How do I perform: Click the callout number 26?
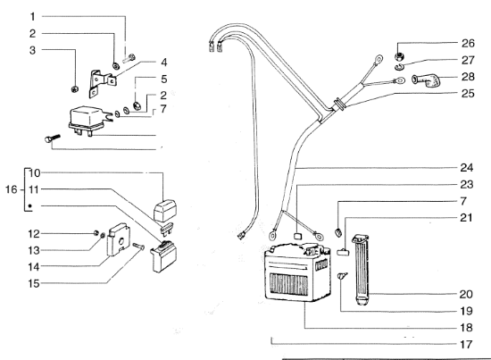[468, 43]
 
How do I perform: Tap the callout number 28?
[468, 77]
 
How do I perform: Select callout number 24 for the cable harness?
[467, 168]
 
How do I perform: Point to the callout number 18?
[466, 328]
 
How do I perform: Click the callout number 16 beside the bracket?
[12, 189]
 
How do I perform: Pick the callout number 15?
[34, 283]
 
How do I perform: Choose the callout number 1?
[32, 17]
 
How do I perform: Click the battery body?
[297, 273]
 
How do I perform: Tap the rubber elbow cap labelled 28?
[426, 80]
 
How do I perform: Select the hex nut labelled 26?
[400, 56]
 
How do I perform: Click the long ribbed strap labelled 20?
[361, 270]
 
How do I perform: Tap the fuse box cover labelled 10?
[165, 211]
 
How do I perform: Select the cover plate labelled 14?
[118, 239]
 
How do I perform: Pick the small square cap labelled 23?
[298, 236]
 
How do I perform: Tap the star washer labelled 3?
[75, 89]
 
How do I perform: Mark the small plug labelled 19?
[342, 277]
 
